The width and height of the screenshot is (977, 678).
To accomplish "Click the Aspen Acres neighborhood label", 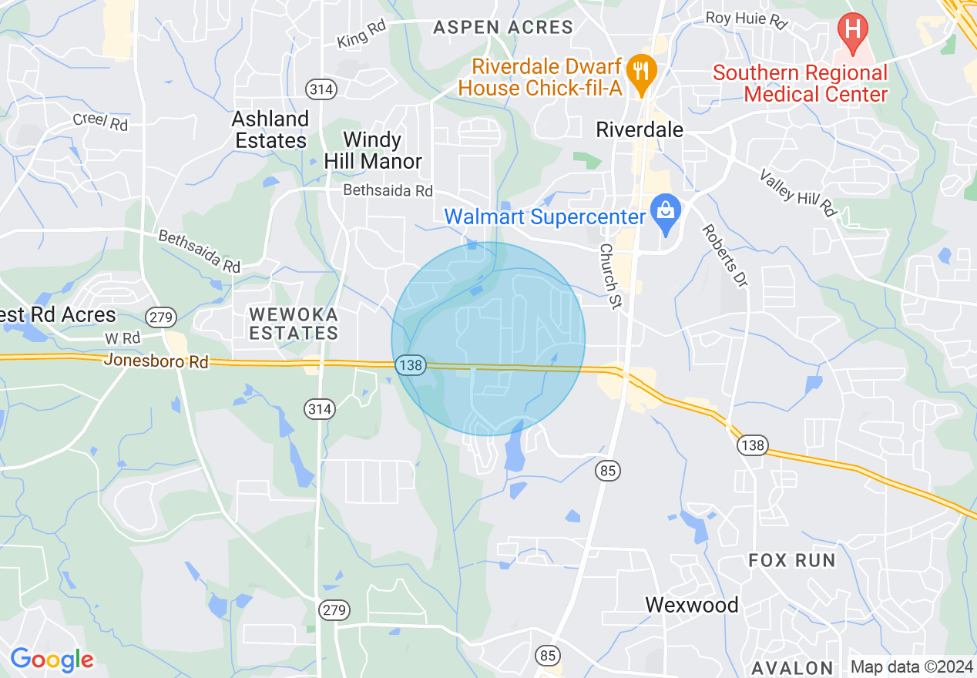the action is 503,28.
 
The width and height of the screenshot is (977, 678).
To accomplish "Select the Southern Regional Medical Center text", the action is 800,84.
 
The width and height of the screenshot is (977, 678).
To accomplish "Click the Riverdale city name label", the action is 640,129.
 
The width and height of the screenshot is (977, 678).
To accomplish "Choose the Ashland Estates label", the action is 270,129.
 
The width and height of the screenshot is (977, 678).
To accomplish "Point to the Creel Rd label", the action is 100,121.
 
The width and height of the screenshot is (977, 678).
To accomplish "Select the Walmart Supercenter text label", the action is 544,217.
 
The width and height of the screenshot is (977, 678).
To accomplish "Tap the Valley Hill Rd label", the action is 797,193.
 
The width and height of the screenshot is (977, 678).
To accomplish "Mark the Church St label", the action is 609,276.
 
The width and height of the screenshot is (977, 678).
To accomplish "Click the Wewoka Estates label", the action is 294,323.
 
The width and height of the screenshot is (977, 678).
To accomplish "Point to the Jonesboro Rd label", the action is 156,360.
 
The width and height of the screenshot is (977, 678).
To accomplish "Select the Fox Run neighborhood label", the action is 792,560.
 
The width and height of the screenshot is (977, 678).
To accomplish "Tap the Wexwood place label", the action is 691,605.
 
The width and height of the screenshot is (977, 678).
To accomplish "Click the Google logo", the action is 52,660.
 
